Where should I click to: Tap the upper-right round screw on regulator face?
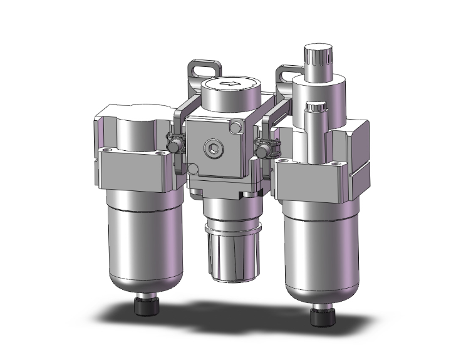coord(236,128)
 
